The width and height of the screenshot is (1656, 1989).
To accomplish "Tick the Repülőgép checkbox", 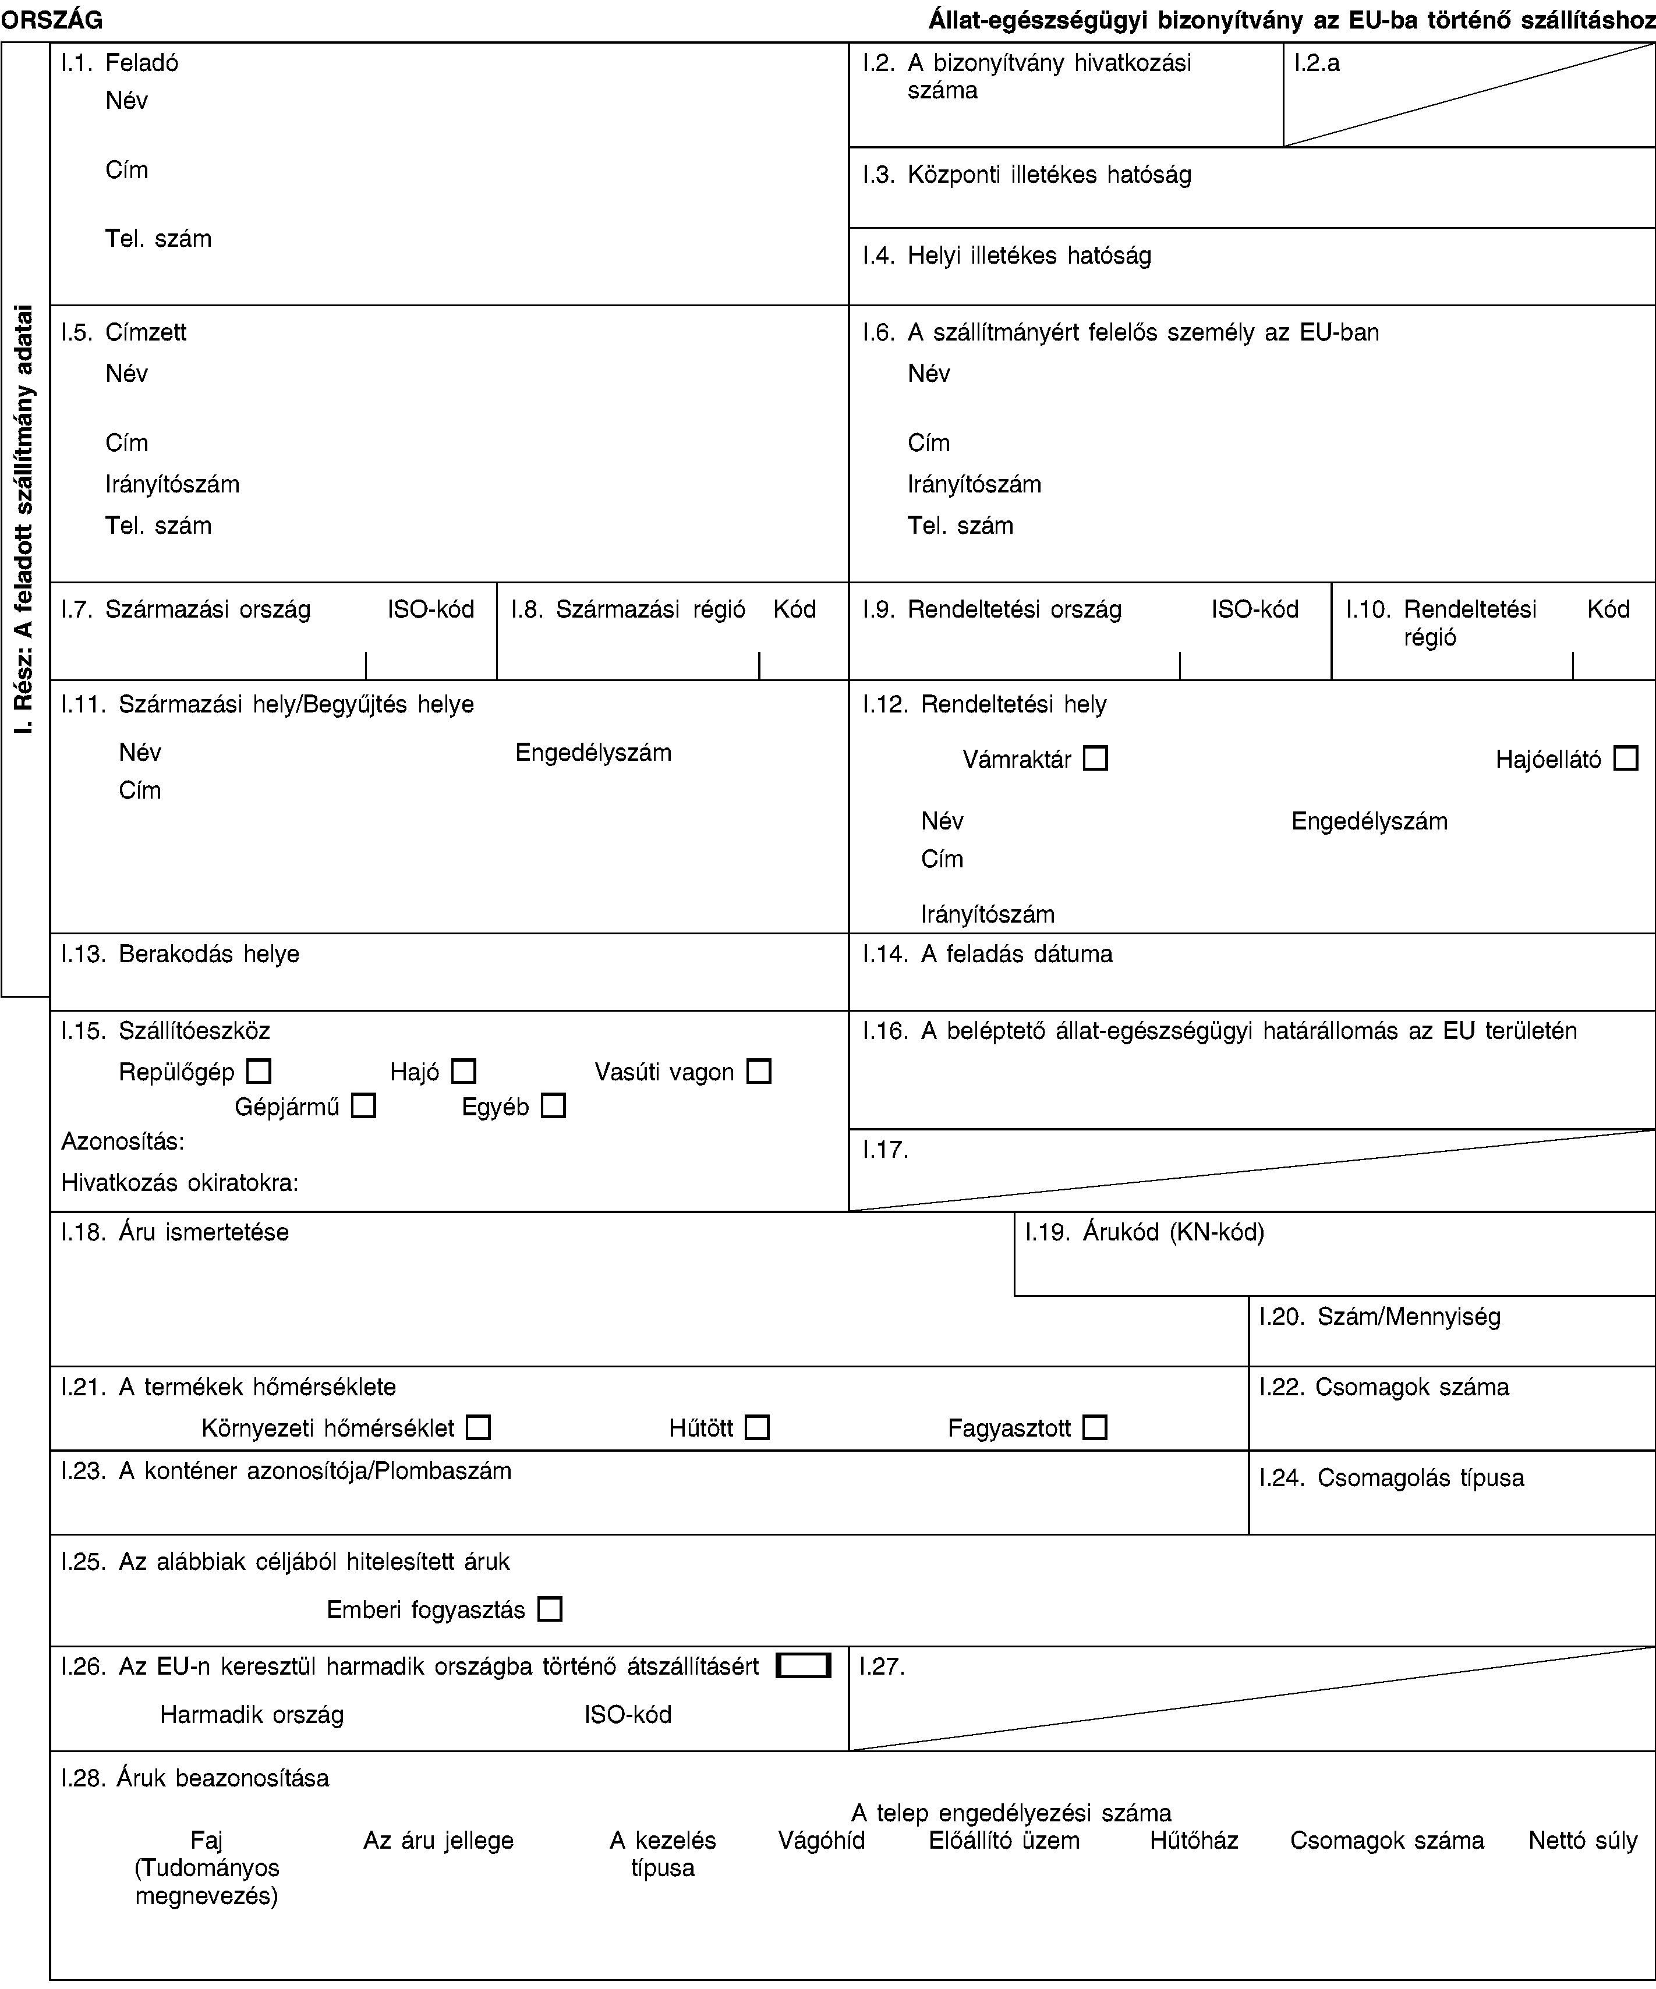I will pos(259,1071).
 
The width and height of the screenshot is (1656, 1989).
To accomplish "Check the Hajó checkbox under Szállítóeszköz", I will pos(463,1071).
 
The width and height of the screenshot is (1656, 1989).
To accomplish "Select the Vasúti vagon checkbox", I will pos(759,1071).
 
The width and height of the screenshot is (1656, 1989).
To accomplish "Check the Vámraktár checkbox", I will pos(1095,758).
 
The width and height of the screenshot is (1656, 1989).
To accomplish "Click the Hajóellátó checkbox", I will pos(1626,758).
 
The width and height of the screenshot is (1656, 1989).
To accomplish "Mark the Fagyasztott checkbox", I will pos(1095,1427).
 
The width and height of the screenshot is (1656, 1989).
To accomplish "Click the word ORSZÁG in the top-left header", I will pos(52,19).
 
